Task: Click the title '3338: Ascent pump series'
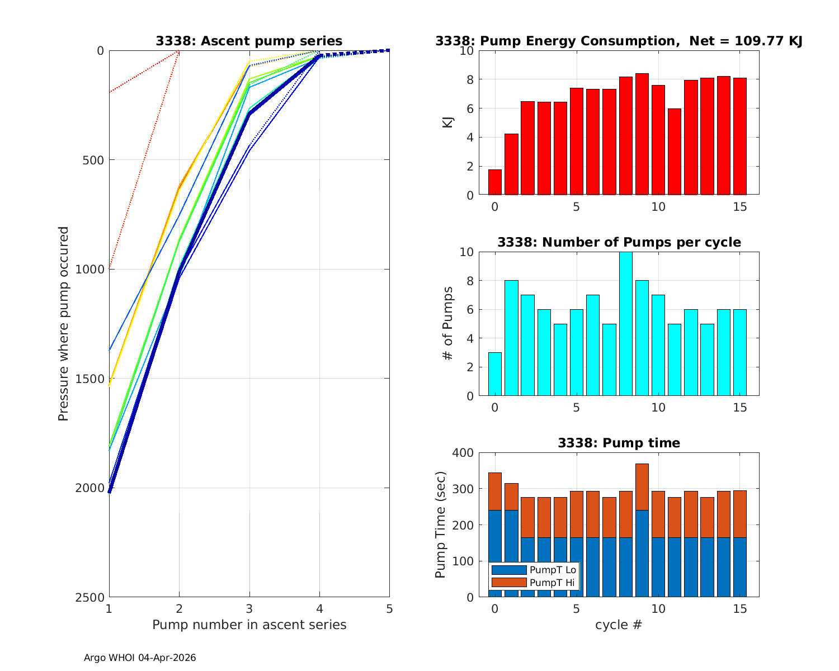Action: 249,41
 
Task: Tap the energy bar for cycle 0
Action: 495,182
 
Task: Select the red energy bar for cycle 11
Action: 675,152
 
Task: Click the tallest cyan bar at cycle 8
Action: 625,324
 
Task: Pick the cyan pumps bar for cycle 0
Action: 495,375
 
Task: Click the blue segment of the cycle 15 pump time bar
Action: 740,568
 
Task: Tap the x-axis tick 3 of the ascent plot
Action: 249,608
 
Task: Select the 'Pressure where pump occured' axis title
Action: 64,324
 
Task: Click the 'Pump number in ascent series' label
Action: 249,625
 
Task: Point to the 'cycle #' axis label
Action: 618,625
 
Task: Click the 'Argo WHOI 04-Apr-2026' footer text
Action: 140,658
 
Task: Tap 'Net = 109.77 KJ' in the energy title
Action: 746,41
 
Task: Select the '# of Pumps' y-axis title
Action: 447,324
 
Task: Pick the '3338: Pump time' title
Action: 619,443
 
